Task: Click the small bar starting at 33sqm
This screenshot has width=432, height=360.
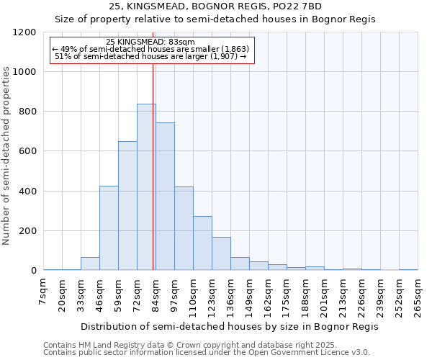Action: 90,264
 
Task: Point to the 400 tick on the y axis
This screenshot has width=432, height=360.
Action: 27,192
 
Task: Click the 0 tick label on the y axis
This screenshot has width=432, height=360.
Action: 33,271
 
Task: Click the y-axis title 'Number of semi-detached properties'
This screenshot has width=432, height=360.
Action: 6,151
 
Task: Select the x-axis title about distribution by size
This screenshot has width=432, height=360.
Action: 229,326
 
